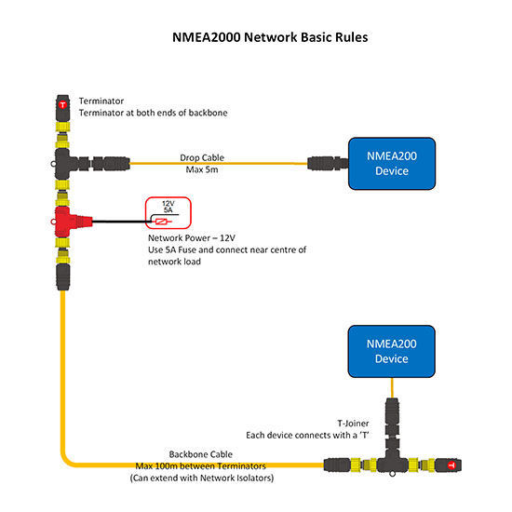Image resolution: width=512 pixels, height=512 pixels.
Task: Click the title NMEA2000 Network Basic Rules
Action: tap(255, 39)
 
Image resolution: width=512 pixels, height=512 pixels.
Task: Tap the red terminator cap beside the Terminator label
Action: tap(62, 105)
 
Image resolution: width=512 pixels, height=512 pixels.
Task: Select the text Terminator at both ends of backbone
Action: tap(153, 113)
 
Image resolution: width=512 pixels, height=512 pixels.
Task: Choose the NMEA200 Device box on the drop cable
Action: tap(392, 163)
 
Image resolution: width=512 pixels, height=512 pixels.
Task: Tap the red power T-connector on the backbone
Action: tap(67, 221)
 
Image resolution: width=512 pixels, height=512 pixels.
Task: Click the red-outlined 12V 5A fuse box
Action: tap(168, 212)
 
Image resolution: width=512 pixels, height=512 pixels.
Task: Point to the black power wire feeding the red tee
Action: tap(116, 222)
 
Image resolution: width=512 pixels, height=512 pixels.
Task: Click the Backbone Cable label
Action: tap(201, 453)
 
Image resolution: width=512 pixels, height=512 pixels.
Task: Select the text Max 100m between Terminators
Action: tap(201, 465)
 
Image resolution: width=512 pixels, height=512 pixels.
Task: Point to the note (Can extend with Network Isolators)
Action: tap(201, 477)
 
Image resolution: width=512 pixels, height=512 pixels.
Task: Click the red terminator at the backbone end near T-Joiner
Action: tap(451, 463)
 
